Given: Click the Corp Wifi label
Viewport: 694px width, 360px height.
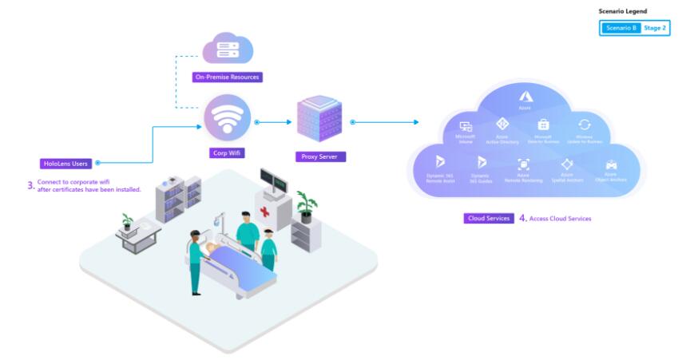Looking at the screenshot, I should point(228,151).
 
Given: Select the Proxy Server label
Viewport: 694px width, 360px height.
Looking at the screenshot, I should point(319,157).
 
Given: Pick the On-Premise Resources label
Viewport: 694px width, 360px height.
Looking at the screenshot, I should point(228,77).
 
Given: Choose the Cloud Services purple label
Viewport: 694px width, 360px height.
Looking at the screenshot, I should point(488,218).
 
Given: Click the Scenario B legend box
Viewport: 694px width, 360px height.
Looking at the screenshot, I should point(621,28).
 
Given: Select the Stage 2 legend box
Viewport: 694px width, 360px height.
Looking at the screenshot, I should point(654,28).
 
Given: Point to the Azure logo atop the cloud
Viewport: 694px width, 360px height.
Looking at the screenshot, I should point(525,97).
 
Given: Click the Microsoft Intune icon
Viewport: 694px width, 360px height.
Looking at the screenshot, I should point(466,127).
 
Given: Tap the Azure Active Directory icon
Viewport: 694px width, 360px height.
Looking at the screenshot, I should point(502,125).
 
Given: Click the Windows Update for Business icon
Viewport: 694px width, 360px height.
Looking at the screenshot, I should point(584,125).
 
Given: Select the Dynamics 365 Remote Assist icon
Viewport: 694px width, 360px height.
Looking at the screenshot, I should point(439,163).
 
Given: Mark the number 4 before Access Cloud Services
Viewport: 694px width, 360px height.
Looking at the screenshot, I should point(522,218).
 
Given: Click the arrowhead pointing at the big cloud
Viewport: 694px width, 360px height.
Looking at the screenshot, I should point(415,122).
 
